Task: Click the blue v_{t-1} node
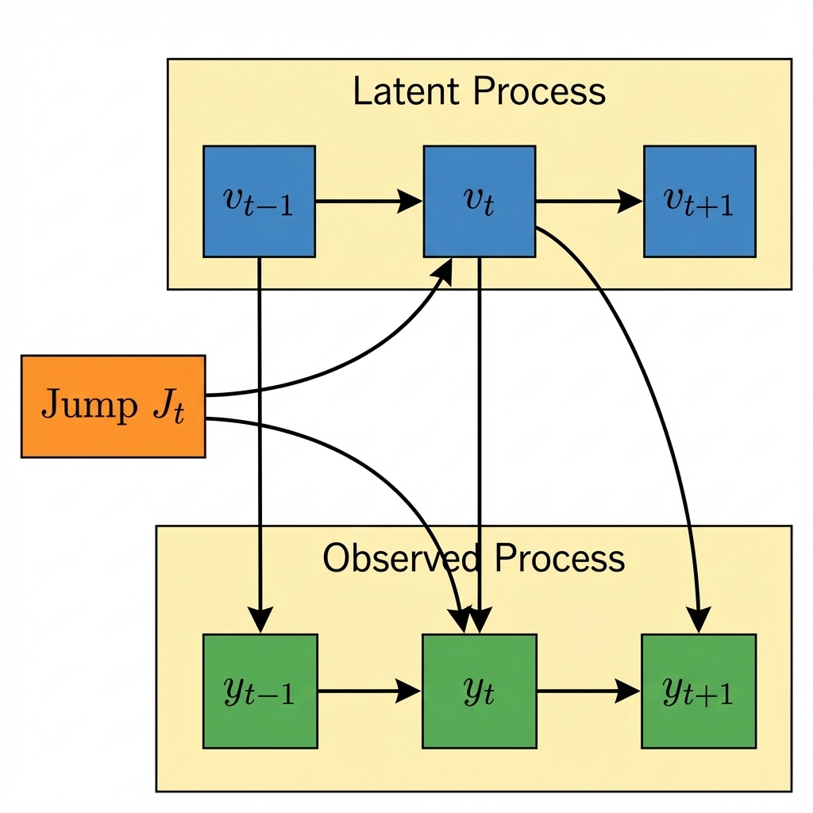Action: pyautogui.click(x=259, y=201)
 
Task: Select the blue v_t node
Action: pyautogui.click(x=480, y=201)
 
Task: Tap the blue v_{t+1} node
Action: pyautogui.click(x=699, y=201)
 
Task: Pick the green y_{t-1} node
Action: pyautogui.click(x=260, y=691)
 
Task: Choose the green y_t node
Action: pyautogui.click(x=480, y=691)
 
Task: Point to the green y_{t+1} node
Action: pyautogui.click(x=698, y=691)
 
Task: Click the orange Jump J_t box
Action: pyautogui.click(x=113, y=406)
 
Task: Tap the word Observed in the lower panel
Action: pyautogui.click(x=399, y=558)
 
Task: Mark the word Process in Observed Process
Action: pyautogui.click(x=560, y=558)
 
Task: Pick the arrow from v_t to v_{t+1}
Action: pyautogui.click(x=588, y=202)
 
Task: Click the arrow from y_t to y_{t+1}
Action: pyautogui.click(x=588, y=692)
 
